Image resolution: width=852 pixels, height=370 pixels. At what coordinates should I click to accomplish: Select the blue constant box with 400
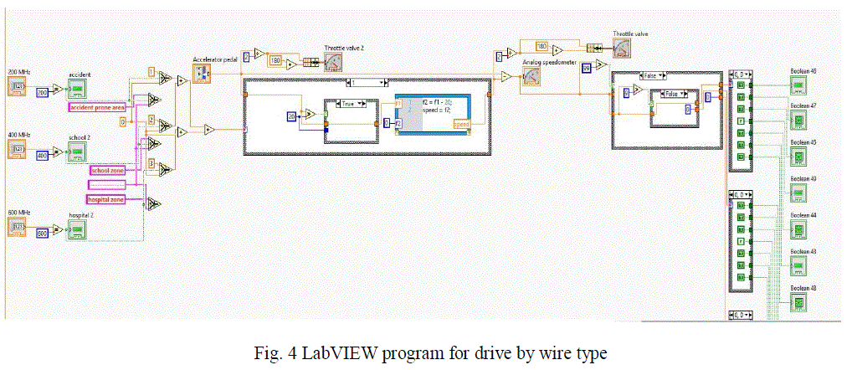[x=41, y=156]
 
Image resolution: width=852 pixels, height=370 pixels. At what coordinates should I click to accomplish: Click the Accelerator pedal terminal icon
[x=203, y=75]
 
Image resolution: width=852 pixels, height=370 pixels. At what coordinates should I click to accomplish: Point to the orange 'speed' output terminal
[x=461, y=124]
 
